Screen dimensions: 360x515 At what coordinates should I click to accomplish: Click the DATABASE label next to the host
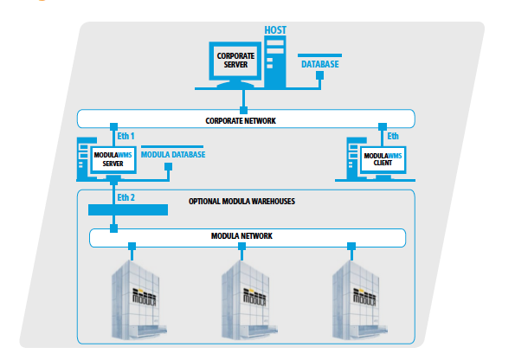tap(319, 64)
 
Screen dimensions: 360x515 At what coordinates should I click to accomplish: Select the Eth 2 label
tap(127, 197)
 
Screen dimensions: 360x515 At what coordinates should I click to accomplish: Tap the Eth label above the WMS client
tap(393, 136)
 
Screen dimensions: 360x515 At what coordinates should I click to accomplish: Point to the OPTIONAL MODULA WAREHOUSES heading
tap(242, 200)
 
